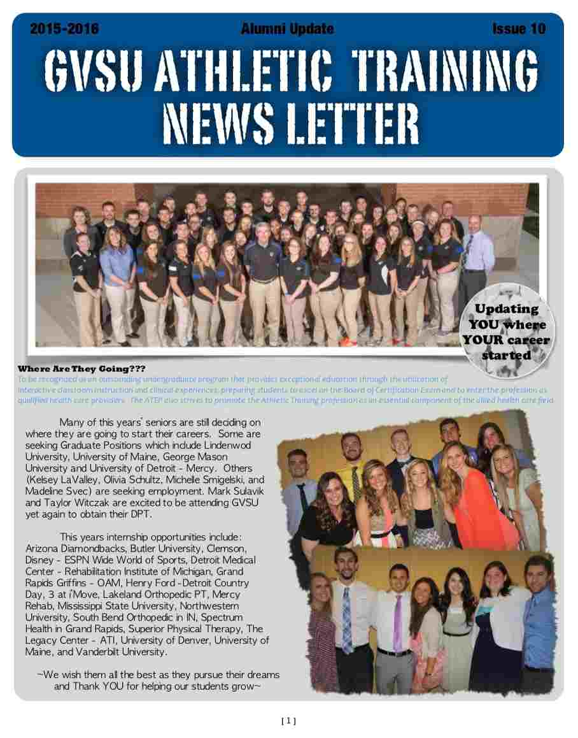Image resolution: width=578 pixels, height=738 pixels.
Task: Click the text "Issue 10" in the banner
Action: [x=518, y=29]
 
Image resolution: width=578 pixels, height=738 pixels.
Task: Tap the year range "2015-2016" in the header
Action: [x=64, y=29]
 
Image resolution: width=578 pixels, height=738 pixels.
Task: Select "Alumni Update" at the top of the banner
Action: [x=288, y=29]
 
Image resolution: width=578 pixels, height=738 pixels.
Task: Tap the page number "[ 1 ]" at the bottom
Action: [x=288, y=721]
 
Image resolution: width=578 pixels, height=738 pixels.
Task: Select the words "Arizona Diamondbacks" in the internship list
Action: [x=71, y=548]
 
